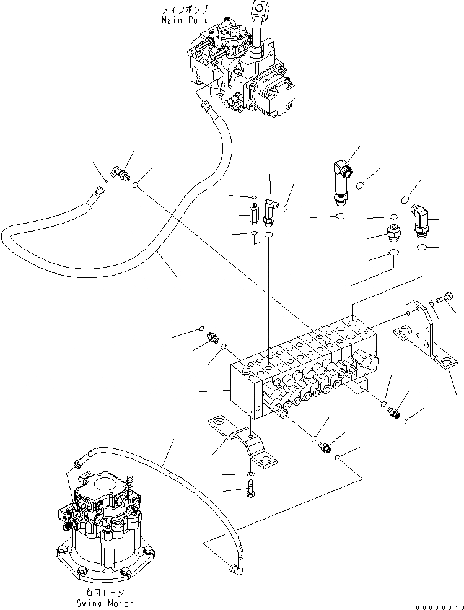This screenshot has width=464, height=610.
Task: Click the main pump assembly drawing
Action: tap(239, 71)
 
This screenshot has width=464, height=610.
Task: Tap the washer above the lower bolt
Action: tap(249, 474)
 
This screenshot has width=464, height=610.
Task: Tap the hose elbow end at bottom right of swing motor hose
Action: tap(234, 567)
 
